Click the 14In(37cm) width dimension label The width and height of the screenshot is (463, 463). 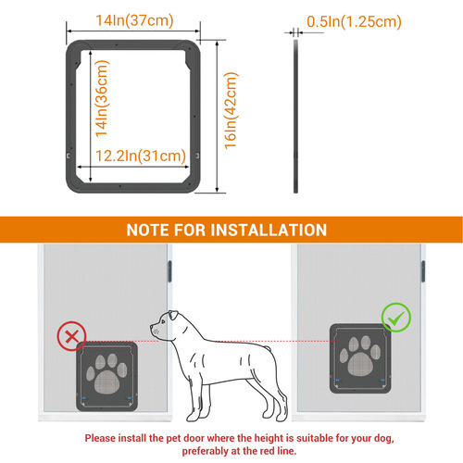coord(133,19)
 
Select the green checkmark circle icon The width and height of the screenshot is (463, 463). coord(394,319)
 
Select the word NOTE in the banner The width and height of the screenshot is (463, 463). coord(152,230)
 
